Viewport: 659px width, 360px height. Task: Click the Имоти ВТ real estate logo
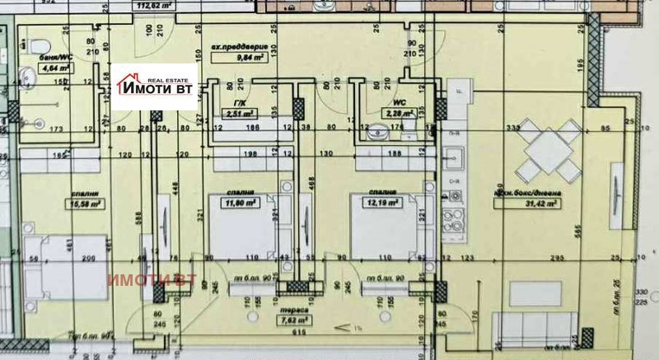coord(156,86)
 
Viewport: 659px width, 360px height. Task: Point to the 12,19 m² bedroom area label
coord(384,201)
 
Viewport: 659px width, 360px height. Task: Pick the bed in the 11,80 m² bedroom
coord(237,227)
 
